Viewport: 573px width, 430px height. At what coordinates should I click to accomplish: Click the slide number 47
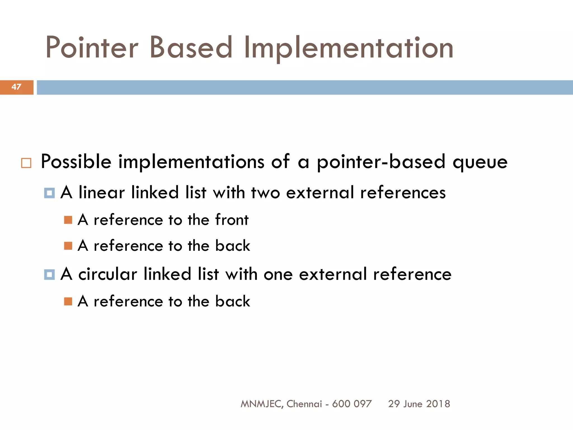pyautogui.click(x=16, y=87)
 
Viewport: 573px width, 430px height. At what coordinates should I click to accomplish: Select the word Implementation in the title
pyautogui.click(x=348, y=48)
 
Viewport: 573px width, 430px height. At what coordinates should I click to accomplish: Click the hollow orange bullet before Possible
pyautogui.click(x=26, y=163)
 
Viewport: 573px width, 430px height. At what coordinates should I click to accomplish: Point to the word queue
pyautogui.click(x=480, y=162)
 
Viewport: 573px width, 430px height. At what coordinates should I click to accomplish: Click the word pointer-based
pyautogui.click(x=381, y=162)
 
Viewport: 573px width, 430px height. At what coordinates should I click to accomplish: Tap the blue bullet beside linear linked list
pyautogui.click(x=50, y=193)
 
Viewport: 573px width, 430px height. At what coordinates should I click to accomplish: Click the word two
pyautogui.click(x=266, y=193)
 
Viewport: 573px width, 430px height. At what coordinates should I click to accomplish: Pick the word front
pyautogui.click(x=232, y=220)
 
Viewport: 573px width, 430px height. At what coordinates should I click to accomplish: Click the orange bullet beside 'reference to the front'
pyautogui.click(x=68, y=220)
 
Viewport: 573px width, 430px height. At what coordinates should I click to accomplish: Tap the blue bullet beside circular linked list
pyautogui.click(x=50, y=274)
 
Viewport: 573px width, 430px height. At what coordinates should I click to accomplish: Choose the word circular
pyautogui.click(x=108, y=274)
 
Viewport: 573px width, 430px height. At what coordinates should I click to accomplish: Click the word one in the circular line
pyautogui.click(x=278, y=275)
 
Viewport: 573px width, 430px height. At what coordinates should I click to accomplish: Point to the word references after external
pyautogui.click(x=403, y=193)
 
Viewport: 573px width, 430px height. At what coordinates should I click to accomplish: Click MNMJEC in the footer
pyautogui.click(x=261, y=404)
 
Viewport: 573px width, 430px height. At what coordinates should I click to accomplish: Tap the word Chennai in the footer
pyautogui.click(x=304, y=404)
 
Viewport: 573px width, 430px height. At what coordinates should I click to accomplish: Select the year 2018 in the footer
pyautogui.click(x=438, y=404)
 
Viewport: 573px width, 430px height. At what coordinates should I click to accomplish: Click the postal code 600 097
pyautogui.click(x=352, y=404)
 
